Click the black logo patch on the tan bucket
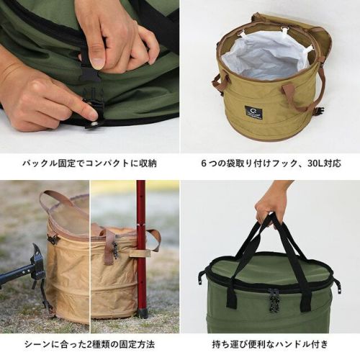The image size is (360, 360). pos(253,111)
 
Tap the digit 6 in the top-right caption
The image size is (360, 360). pos(204,163)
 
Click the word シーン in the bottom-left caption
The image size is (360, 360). pos(37,345)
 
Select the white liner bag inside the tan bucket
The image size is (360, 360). pos(266,57)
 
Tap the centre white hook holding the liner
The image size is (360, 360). pos(284,30)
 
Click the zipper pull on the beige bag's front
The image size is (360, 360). pos(115,250)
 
